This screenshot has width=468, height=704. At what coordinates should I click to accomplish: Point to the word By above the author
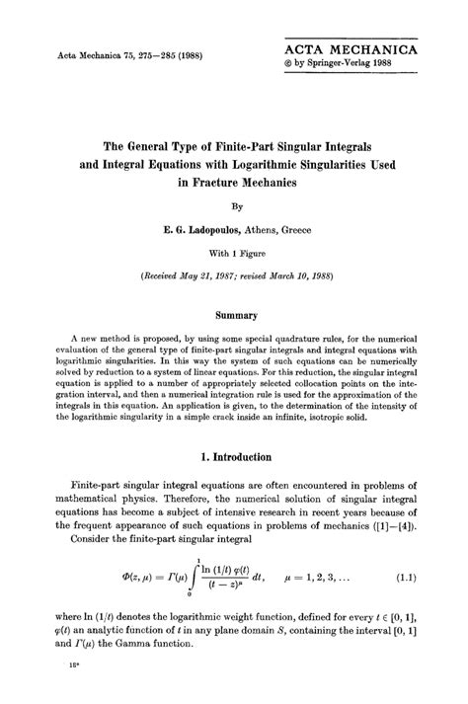(235, 208)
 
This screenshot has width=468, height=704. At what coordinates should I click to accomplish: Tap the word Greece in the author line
(293, 229)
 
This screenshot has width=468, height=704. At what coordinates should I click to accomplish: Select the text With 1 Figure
(235, 251)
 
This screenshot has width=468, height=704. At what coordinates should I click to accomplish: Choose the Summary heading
(235, 314)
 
